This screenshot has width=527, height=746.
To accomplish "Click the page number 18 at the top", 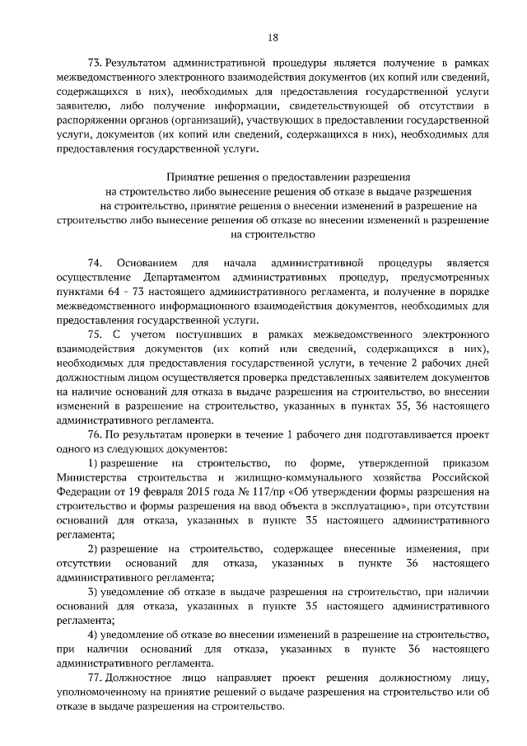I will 273,36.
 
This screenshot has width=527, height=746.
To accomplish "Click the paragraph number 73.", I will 95,64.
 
